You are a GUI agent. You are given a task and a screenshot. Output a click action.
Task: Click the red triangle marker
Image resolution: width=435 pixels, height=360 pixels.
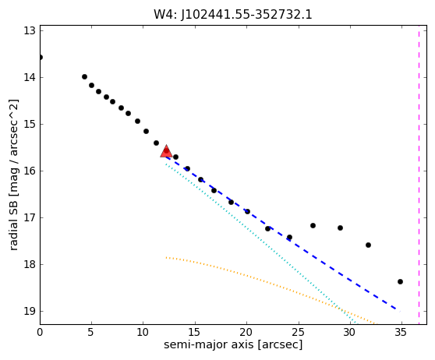[166, 151]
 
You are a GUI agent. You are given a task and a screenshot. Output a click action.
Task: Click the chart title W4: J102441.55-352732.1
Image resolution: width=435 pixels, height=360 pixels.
[233, 15]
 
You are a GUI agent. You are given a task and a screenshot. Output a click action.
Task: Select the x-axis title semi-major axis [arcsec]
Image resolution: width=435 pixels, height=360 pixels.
[233, 344]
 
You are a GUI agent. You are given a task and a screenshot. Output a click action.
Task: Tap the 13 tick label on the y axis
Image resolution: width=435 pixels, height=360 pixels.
[30, 30]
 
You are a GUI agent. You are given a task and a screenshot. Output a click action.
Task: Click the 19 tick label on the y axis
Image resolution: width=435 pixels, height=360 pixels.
[30, 311]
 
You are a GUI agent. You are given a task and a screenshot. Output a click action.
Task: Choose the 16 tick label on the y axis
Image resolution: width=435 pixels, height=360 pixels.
[30, 171]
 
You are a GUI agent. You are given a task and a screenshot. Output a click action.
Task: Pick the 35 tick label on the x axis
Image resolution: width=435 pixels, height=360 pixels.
[401, 332]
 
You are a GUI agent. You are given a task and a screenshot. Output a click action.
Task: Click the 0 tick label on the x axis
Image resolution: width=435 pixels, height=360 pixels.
[40, 332]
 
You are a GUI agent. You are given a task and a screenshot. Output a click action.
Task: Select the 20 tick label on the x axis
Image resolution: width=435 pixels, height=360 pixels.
[246, 332]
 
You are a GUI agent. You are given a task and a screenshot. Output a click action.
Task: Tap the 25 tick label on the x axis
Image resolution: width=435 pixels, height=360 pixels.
[299, 332]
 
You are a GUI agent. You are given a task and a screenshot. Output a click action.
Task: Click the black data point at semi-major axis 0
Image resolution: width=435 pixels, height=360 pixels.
[41, 58]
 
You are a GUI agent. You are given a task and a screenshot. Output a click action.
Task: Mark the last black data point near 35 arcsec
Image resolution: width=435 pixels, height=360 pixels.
[400, 282]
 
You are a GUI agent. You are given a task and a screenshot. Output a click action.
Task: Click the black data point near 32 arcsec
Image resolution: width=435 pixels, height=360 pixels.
[368, 245]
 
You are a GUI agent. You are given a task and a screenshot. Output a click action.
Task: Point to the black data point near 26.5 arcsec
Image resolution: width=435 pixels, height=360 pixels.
[313, 226]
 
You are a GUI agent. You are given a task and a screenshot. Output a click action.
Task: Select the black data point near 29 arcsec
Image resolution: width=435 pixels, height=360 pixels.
[340, 228]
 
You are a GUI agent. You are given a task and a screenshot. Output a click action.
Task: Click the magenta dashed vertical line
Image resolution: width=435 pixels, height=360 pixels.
[419, 175]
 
